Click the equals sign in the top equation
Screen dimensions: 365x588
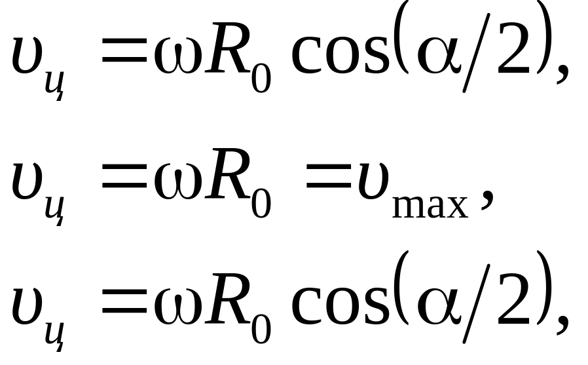[x=124, y=57]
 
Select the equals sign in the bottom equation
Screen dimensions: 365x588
[x=124, y=304]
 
